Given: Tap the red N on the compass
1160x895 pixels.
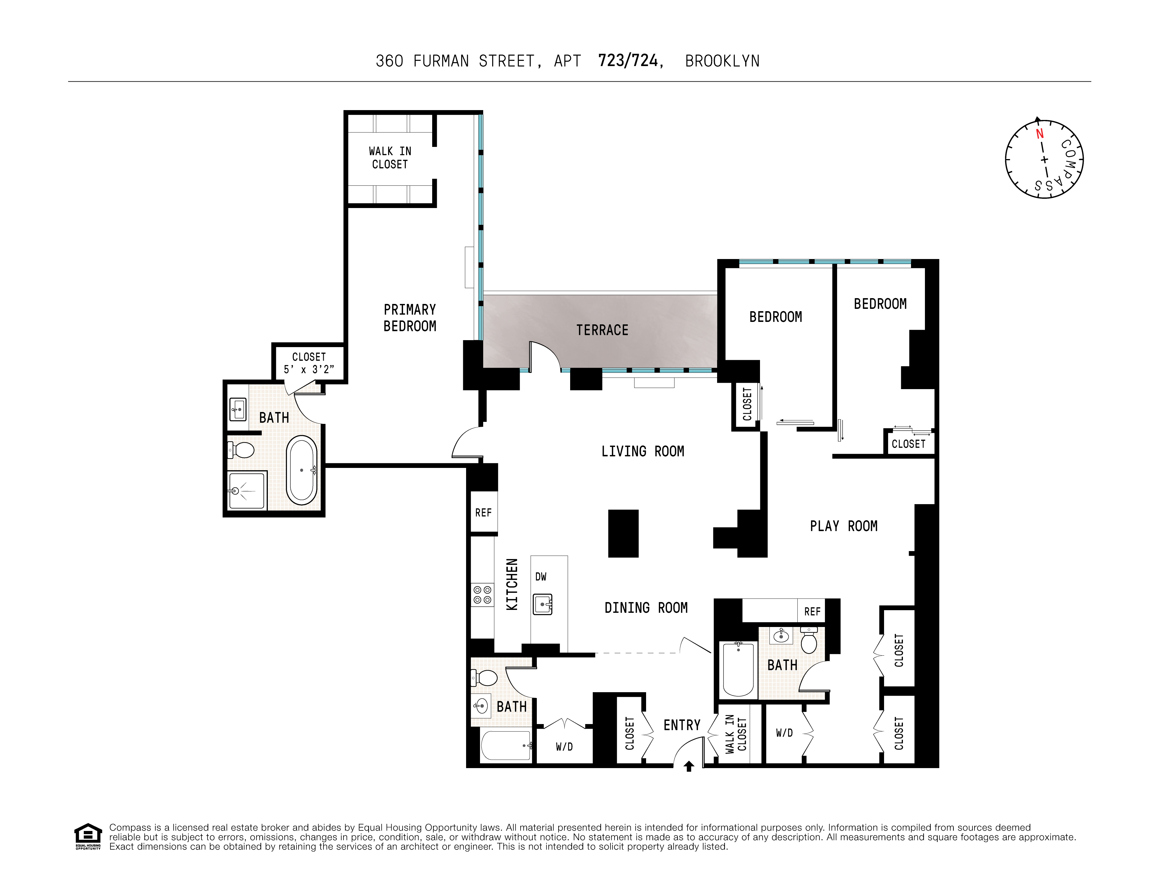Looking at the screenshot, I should coord(1039,134).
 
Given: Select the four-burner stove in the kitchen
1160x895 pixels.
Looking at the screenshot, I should coord(482,595).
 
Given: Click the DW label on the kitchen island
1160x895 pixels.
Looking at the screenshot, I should coord(541,577).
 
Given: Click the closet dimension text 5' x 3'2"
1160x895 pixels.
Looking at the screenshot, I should coord(309,369).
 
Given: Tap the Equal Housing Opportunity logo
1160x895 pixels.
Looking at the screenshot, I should coord(88,836).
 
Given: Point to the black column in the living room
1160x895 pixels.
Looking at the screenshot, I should coord(623,533).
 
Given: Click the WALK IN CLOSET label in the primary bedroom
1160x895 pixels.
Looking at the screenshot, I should coord(390,158).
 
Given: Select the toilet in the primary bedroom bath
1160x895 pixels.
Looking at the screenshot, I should coord(242,450).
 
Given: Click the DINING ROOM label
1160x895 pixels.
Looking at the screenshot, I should coord(646,608).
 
